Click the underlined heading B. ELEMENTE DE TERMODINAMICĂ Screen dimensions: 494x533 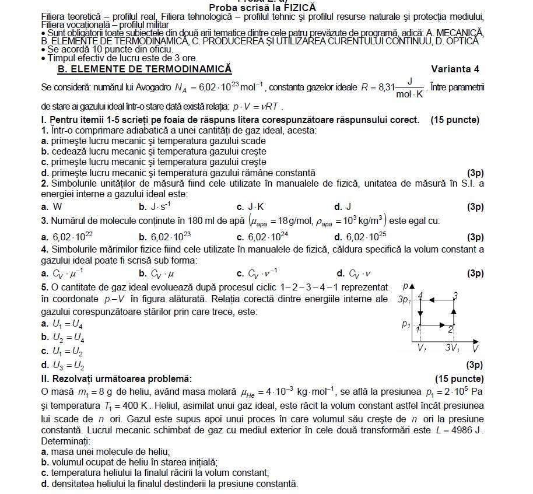tap(144, 69)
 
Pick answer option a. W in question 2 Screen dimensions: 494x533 tap(52, 206)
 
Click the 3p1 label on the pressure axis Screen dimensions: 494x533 tap(404, 300)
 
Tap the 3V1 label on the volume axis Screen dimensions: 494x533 tap(453, 348)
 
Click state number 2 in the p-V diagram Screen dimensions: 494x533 tap(451, 330)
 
